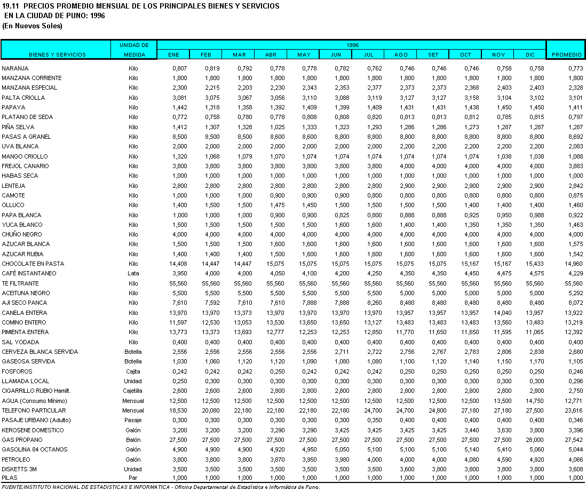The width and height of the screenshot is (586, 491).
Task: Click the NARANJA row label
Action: (15, 68)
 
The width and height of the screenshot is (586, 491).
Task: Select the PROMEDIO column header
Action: (566, 54)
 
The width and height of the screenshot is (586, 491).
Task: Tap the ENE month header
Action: (173, 54)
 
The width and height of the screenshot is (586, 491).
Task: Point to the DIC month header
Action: (529, 54)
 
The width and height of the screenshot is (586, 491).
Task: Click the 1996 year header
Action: (352, 45)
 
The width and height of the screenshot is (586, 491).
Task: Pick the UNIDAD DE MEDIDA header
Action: (134, 50)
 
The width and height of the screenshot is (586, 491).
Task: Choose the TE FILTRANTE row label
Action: (20, 283)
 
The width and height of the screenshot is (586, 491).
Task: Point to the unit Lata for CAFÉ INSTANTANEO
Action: (133, 273)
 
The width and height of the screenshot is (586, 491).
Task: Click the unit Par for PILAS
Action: (133, 478)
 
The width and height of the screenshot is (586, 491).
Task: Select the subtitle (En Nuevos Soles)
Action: (33, 26)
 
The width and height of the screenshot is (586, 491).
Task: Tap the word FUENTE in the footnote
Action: (11, 487)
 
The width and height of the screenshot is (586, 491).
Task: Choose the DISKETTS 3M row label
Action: (19, 469)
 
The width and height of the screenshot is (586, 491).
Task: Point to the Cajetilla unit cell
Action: (133, 391)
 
